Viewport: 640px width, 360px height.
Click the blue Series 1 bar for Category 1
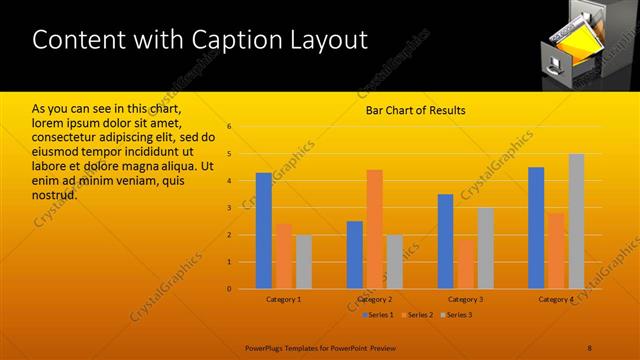(264, 231)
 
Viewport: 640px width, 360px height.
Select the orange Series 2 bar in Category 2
(374, 229)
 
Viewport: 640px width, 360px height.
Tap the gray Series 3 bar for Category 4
(576, 221)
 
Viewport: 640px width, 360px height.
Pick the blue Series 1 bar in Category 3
(445, 241)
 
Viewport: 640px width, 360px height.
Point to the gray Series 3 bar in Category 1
(303, 262)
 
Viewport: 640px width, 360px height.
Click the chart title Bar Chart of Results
(415, 110)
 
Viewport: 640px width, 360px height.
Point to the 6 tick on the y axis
(229, 127)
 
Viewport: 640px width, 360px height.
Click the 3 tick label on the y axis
(229, 208)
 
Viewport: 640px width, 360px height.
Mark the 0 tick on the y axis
(229, 289)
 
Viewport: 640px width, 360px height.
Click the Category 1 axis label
(284, 300)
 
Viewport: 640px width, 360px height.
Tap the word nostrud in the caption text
(55, 194)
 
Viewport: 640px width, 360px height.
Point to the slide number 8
(589, 347)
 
